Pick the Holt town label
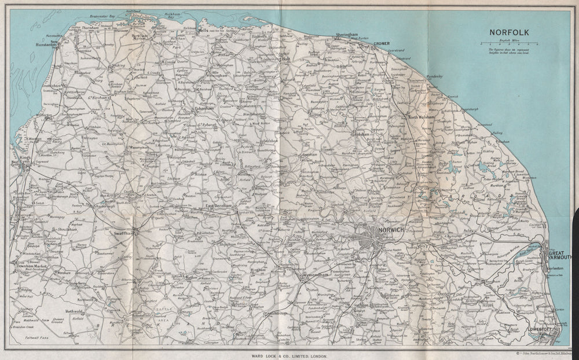coord(285,59)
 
